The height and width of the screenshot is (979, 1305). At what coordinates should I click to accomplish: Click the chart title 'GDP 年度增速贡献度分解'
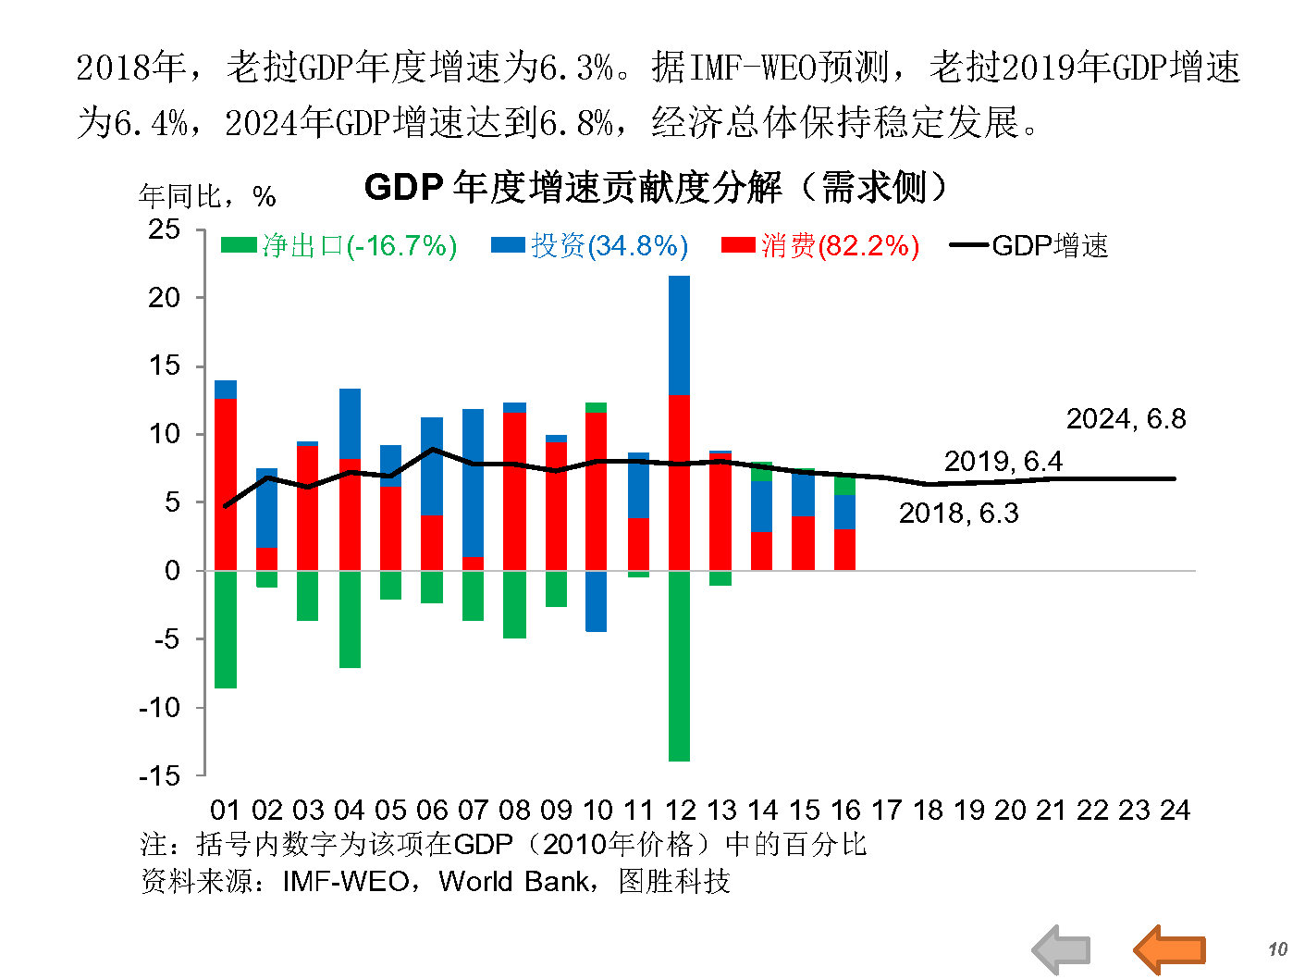tap(656, 188)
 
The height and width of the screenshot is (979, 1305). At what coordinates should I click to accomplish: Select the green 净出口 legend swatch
tap(239, 246)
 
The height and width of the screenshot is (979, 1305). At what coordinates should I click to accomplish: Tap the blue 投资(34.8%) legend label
tap(609, 246)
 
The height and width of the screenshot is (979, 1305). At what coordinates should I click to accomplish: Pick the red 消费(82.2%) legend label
tap(840, 246)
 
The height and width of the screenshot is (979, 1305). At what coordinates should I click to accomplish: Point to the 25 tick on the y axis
tap(165, 229)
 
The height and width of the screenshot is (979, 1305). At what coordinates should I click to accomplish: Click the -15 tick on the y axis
tap(160, 775)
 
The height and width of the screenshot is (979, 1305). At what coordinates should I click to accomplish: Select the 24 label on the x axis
tap(1175, 811)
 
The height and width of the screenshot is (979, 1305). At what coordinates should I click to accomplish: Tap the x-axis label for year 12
tap(680, 811)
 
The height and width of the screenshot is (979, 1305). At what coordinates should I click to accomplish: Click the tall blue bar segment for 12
tap(679, 335)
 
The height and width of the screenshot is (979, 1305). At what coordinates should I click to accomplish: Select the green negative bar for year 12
tap(679, 666)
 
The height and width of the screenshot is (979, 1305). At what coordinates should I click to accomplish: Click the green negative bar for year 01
tap(226, 629)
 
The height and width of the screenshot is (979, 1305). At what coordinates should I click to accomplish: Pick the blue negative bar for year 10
tap(597, 601)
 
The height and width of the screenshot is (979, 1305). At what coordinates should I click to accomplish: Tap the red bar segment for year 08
tap(514, 490)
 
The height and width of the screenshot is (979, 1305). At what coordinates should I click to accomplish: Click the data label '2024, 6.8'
tap(1126, 419)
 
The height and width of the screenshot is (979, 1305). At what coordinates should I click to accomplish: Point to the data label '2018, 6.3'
tap(958, 514)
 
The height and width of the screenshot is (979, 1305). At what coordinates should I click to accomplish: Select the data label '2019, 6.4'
tap(1003, 462)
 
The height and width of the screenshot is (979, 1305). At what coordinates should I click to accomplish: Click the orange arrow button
tap(1170, 949)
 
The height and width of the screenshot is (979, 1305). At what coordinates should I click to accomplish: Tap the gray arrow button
tap(1062, 949)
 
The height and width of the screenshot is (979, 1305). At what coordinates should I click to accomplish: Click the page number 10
tap(1277, 949)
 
